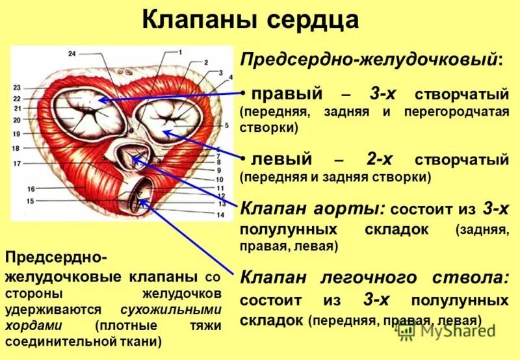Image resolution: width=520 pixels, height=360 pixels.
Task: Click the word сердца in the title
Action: click(x=311, y=19)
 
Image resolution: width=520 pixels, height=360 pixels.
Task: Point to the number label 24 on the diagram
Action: click(x=71, y=53)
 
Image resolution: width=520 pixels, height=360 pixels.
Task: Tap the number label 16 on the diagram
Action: click(x=31, y=188)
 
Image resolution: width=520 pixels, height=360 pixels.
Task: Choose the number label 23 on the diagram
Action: click(x=17, y=88)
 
